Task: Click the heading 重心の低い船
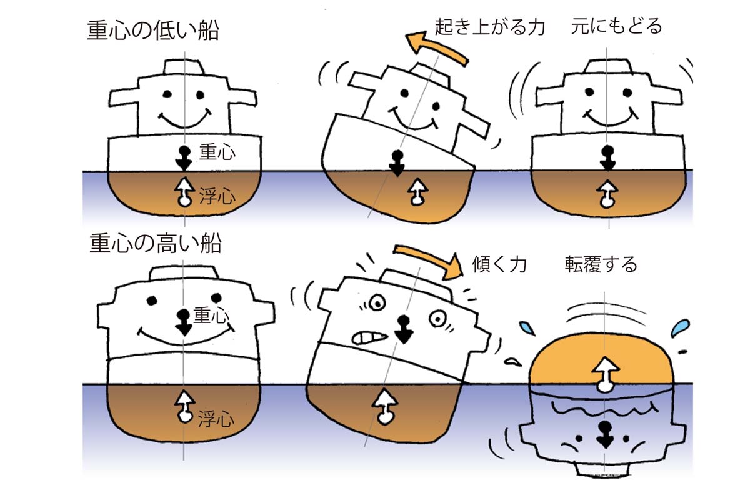[154, 31]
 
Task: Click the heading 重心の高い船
[156, 243]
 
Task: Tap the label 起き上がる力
[489, 27]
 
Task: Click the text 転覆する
[600, 264]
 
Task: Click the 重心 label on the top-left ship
[216, 152]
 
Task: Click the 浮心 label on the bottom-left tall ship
[216, 419]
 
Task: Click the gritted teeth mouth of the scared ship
[367, 337]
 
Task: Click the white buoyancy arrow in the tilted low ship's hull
[416, 193]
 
